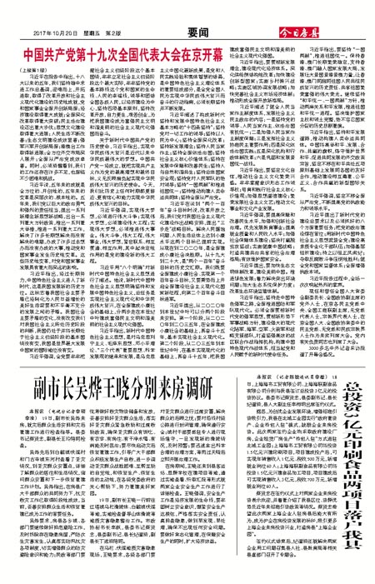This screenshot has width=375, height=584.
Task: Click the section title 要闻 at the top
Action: point(187,9)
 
